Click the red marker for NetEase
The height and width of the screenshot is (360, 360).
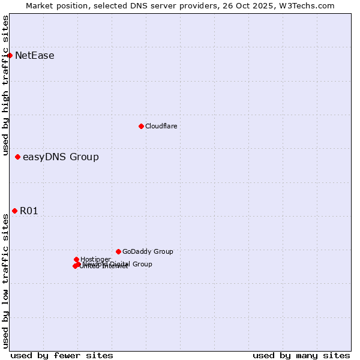10,56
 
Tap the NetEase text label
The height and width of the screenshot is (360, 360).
35,56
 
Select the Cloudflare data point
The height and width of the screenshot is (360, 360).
141,126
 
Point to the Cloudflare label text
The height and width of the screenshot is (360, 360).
161,126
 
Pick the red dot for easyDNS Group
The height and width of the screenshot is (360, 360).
17,157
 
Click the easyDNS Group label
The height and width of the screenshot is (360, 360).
61,157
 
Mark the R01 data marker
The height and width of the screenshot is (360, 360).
14,211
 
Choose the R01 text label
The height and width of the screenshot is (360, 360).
29,211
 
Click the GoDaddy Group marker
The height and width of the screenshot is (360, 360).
118,251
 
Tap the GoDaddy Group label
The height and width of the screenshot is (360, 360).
148,252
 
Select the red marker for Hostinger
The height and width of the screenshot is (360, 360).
76,259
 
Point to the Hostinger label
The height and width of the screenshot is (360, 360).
95,259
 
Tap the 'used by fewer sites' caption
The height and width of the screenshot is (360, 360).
62,355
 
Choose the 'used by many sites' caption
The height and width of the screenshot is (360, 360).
301,355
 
